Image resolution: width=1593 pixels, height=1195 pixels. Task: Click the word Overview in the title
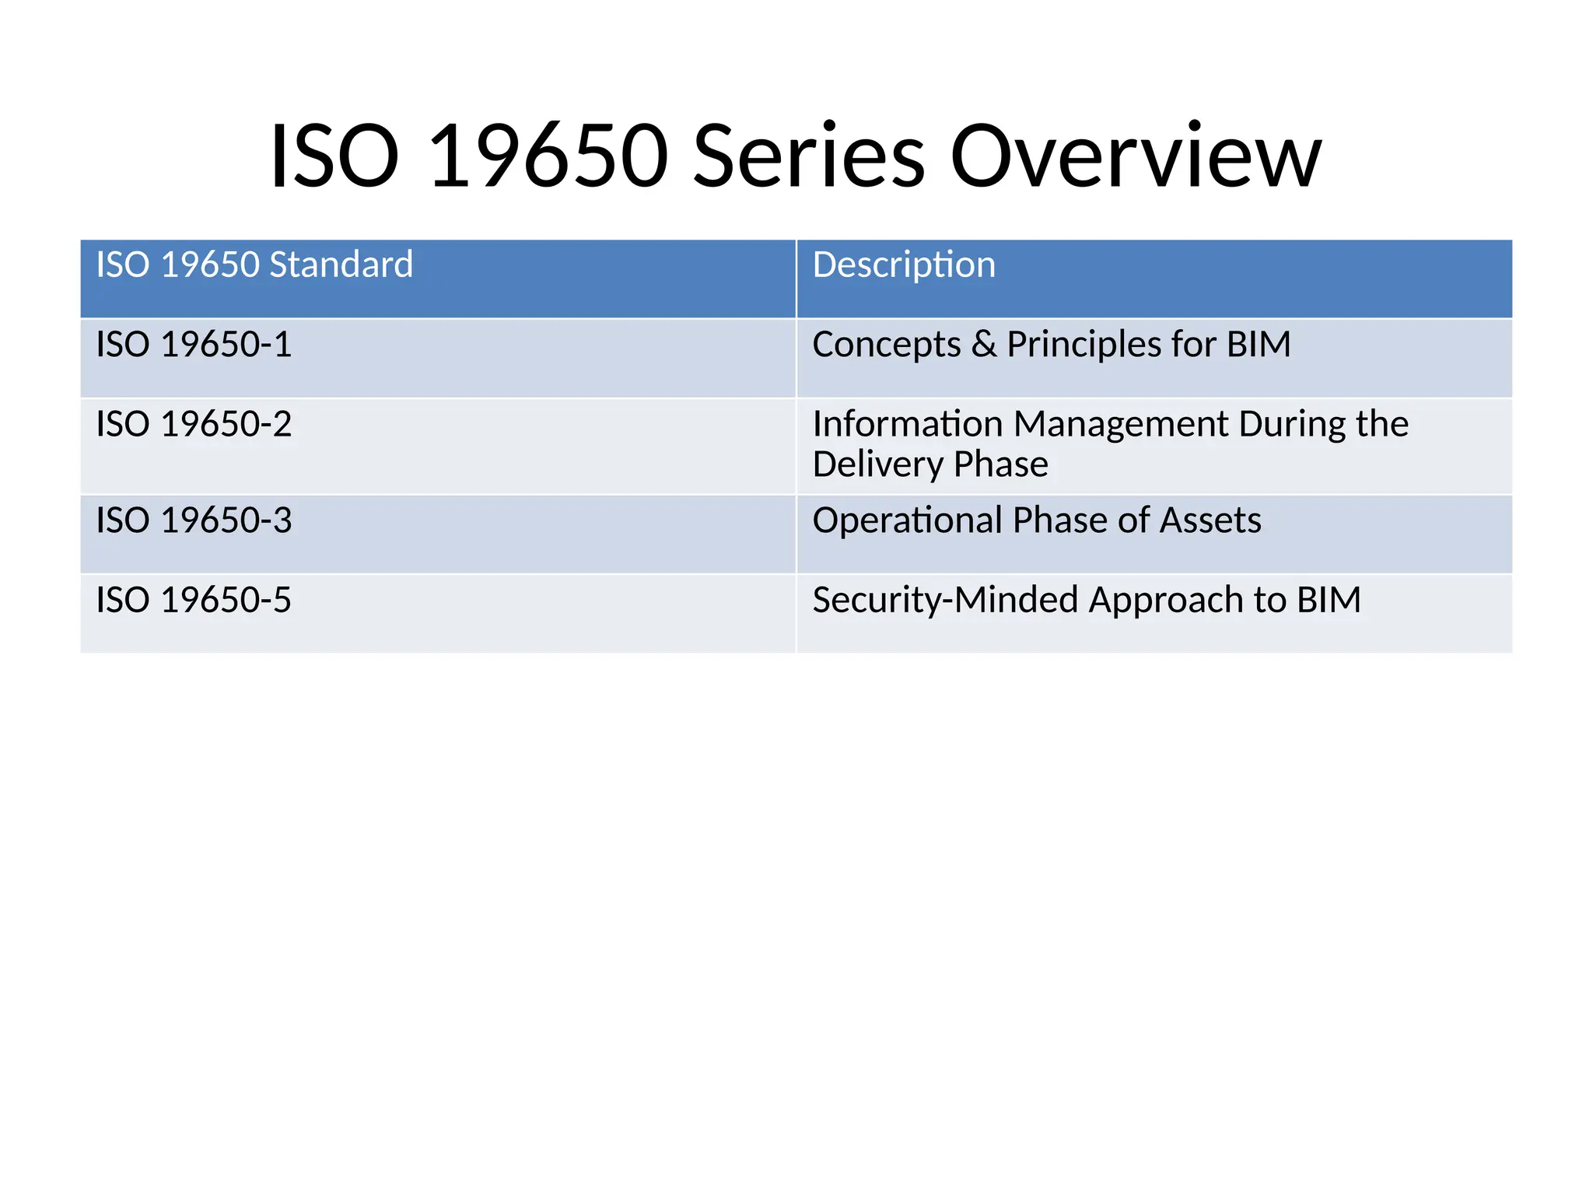point(1135,156)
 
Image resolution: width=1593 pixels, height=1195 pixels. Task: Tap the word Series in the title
point(808,156)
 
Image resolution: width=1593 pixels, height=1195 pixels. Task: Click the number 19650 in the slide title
point(548,156)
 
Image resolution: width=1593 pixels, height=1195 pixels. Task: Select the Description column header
point(903,265)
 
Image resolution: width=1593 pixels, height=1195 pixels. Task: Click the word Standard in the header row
point(341,265)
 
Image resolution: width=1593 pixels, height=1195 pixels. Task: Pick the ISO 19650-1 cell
point(194,345)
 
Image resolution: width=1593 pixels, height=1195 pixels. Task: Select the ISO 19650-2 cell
point(194,425)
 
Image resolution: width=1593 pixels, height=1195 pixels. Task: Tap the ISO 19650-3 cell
point(194,520)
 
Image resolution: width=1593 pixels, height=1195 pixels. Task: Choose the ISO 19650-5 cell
point(194,601)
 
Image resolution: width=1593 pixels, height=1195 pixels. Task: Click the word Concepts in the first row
point(886,345)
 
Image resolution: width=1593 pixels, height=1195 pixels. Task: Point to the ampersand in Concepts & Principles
point(983,345)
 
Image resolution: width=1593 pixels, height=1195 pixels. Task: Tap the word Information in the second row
point(907,425)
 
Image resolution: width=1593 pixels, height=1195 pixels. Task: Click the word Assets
point(1210,520)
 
